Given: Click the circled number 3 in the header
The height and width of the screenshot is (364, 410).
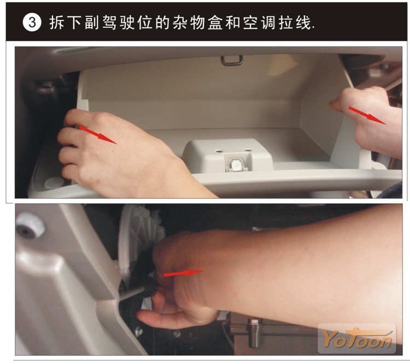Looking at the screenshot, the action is (x=32, y=22).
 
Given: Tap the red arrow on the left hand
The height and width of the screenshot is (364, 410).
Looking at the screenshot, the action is (x=97, y=134).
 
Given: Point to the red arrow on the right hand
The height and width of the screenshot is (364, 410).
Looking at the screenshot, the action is (x=367, y=115).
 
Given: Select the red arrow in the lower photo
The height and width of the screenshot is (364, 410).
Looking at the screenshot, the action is (x=184, y=273).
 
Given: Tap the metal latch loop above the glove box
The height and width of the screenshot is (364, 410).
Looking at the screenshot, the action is (x=232, y=61).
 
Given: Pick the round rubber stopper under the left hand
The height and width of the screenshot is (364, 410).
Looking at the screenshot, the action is (x=54, y=183).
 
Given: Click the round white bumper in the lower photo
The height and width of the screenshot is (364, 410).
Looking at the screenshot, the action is (x=30, y=225).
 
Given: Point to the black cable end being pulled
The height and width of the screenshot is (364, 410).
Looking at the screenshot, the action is (x=150, y=288).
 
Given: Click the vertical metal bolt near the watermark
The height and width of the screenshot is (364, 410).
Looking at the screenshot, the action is (x=253, y=333).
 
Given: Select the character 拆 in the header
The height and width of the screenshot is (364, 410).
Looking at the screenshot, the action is (x=56, y=22).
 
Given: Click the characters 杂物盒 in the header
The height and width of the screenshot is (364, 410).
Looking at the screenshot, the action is (x=197, y=22).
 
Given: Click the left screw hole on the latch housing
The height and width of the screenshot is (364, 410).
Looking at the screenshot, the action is (x=219, y=151).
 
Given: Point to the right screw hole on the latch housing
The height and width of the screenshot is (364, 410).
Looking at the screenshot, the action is (x=247, y=150).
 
